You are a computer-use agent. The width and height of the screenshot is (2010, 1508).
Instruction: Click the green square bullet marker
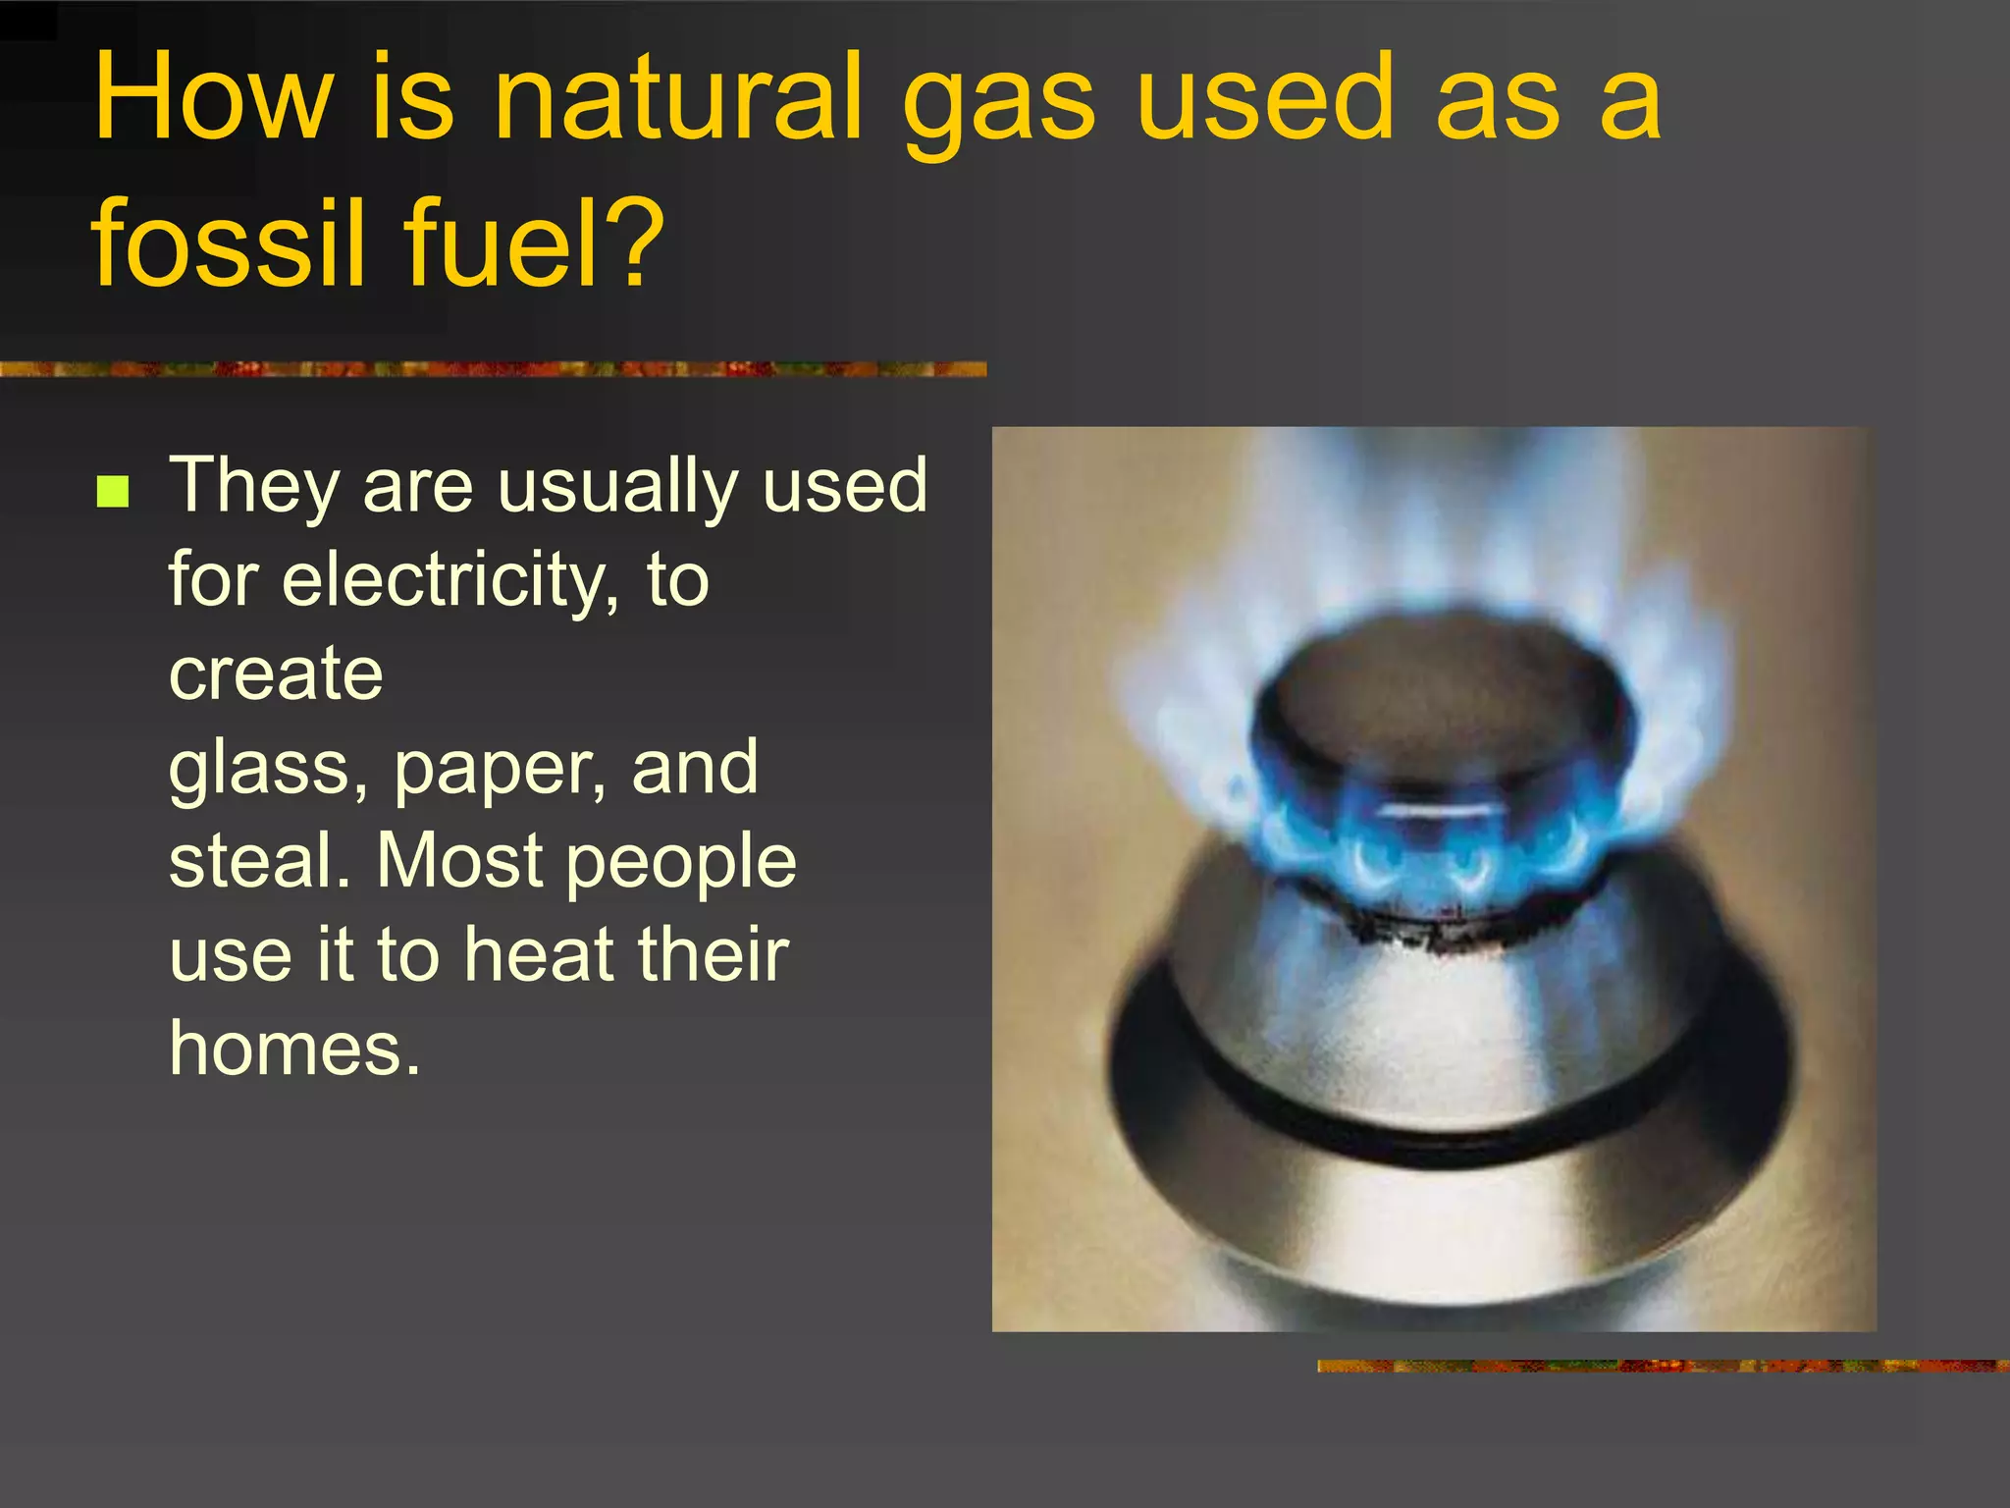[x=114, y=490]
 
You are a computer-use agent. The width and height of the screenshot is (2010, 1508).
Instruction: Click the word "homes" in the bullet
[x=294, y=1049]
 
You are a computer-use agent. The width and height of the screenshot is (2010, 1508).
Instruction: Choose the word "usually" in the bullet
[x=617, y=486]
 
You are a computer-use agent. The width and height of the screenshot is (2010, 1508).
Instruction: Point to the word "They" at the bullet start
[x=254, y=486]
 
